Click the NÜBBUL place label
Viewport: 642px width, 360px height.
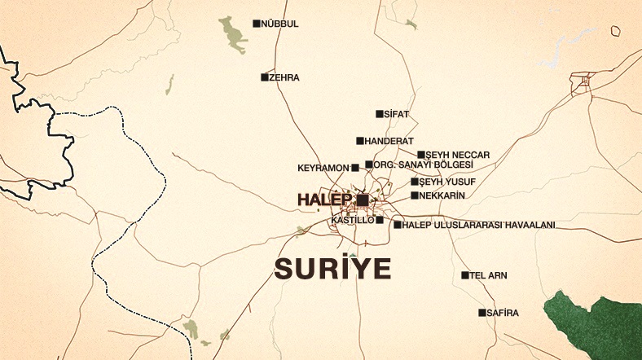[x=281, y=24]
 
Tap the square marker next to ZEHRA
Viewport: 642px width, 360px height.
[x=265, y=77]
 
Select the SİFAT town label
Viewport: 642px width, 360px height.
[x=397, y=114]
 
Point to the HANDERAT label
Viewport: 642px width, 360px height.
[x=389, y=141]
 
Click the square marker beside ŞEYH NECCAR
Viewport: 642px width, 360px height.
[x=421, y=155]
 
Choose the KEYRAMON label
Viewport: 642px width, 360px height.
[x=323, y=168]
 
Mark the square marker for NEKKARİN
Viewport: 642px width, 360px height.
[x=415, y=195]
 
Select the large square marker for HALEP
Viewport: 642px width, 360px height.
[x=363, y=200]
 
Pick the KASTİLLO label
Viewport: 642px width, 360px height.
[x=353, y=220]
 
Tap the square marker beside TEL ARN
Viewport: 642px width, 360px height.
[x=465, y=275]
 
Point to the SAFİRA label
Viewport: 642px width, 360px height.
[x=503, y=313]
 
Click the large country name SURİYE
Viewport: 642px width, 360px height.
[x=332, y=268]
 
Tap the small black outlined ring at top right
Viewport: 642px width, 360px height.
[x=617, y=31]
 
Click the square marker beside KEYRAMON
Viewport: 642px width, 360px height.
[x=354, y=168]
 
